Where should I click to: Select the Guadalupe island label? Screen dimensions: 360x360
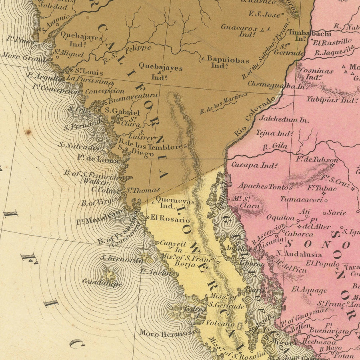(x=102, y=282)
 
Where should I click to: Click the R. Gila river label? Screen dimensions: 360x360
(x=275, y=147)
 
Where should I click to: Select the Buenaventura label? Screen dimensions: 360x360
(x=133, y=96)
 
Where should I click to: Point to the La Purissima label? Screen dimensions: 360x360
(x=90, y=80)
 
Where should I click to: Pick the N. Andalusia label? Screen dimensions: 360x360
(x=299, y=254)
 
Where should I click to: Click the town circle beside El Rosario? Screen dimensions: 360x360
(x=148, y=218)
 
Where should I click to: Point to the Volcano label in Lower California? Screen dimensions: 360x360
(x=220, y=323)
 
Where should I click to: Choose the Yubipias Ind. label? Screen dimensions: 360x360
(x=331, y=100)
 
